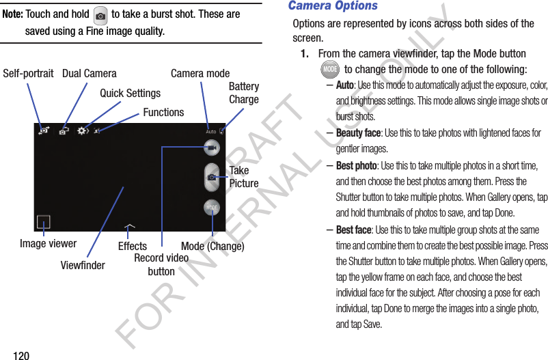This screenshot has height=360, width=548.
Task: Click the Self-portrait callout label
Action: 28,73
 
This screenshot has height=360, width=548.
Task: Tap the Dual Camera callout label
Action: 89,73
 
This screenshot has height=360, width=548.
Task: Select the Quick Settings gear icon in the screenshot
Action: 83,130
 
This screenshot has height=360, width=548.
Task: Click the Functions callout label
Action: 163,112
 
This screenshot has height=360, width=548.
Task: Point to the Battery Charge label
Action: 243,93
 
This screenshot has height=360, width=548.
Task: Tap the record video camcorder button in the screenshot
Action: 212,148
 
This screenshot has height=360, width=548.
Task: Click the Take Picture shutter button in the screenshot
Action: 213,177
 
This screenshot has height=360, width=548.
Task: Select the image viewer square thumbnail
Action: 44,222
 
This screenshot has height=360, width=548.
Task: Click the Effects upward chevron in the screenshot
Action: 129,225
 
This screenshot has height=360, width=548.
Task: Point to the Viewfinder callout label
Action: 83,265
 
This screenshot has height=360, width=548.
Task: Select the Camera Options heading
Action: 333,6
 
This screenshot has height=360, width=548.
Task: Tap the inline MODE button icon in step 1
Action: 330,69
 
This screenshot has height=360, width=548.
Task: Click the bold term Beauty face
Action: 358,133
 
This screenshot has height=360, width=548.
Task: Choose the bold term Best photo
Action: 356,165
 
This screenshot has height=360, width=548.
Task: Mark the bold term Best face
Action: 354,230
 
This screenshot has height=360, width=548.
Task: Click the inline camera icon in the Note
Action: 100,14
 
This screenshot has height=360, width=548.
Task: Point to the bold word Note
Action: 13,14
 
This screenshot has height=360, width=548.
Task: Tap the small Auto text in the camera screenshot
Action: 210,131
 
